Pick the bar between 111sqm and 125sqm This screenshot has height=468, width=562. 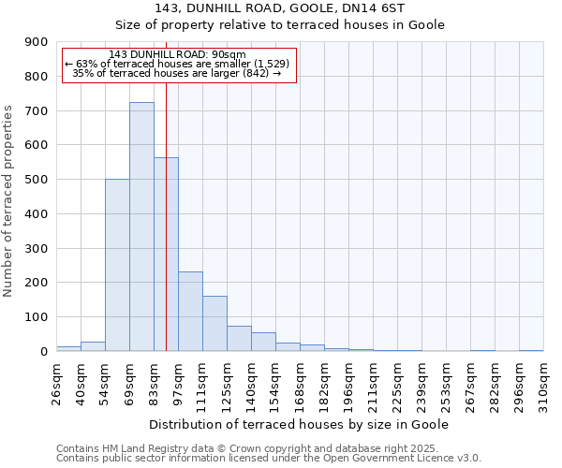coord(214,323)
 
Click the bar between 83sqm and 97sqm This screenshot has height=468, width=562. coord(166,254)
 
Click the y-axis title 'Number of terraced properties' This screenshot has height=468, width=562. coord(9,201)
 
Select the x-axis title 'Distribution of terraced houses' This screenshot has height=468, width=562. coord(299,425)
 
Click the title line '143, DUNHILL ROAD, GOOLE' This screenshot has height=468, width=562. coord(280,8)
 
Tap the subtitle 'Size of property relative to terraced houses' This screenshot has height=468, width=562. coord(280,25)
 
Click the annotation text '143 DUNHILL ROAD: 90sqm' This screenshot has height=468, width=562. coord(177,54)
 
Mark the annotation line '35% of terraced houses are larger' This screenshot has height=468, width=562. coord(177,73)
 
